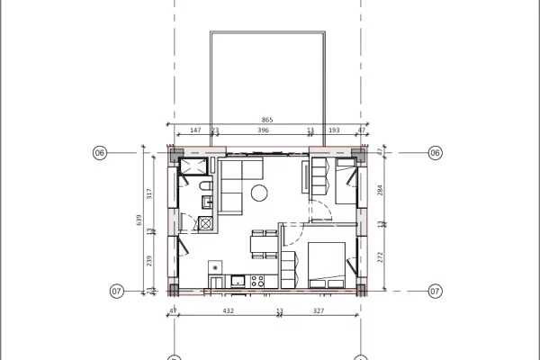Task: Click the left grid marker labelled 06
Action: (x=100, y=153)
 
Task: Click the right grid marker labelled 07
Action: (x=435, y=291)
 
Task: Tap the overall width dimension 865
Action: (x=267, y=120)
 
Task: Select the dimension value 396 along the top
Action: (x=263, y=130)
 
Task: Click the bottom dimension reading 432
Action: (x=228, y=310)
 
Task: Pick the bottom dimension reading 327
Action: (x=319, y=310)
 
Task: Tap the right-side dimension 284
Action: (x=381, y=191)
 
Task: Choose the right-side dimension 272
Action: (x=381, y=256)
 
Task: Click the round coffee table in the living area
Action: (x=260, y=191)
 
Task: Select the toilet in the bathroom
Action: (x=206, y=186)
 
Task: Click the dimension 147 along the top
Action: (x=195, y=130)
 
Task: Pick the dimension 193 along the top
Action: (x=336, y=130)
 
